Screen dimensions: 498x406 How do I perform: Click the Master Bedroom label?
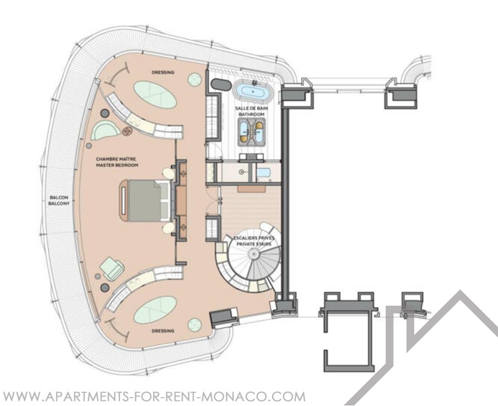117,162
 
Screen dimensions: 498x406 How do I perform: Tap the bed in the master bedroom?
147,201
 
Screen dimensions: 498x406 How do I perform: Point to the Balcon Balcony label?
59,201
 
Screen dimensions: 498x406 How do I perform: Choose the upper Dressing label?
163,72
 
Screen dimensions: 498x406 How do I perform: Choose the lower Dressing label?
163,331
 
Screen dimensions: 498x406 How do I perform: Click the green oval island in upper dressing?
155,94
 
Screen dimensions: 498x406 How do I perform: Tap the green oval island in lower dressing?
155,310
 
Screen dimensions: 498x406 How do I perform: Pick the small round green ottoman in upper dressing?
194,79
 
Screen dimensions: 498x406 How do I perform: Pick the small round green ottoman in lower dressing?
194,324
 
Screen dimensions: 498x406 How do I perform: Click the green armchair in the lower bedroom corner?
112,268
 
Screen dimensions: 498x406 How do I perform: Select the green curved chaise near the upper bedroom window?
105,130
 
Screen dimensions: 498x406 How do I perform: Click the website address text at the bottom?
154,397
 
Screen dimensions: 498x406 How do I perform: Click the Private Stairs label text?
254,244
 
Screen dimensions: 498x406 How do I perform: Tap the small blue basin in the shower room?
264,173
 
